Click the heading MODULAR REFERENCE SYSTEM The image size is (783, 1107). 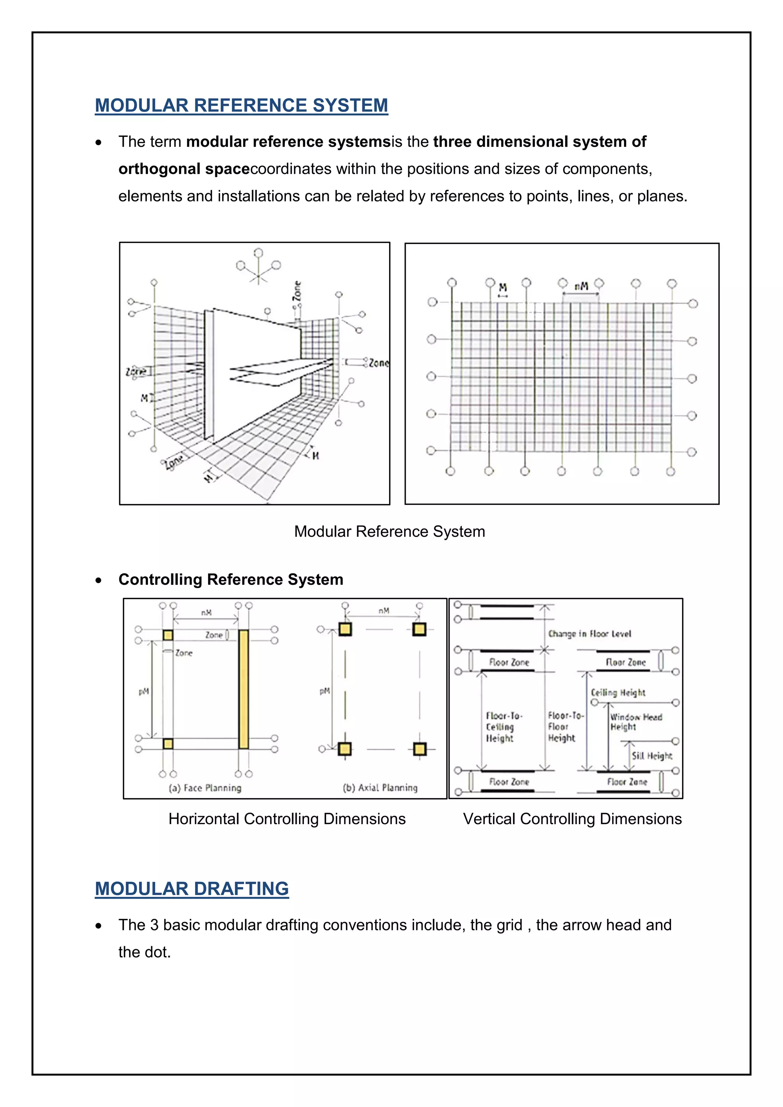(x=241, y=105)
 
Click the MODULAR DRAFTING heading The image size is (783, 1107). (x=192, y=889)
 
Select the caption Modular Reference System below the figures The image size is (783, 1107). (x=390, y=531)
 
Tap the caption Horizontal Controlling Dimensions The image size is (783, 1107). (x=287, y=819)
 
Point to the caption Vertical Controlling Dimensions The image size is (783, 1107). (x=572, y=819)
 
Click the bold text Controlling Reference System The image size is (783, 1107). (x=231, y=579)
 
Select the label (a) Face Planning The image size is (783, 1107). (x=205, y=788)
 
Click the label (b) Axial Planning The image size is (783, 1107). (x=380, y=787)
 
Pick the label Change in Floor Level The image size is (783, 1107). (x=589, y=633)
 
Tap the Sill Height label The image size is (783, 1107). (x=652, y=755)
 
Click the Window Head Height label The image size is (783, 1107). (x=635, y=722)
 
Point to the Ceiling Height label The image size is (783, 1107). (x=618, y=692)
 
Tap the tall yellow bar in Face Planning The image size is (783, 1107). (x=244, y=690)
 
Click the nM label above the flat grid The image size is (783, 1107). (x=581, y=286)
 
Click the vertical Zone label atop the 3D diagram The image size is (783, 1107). (x=297, y=291)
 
